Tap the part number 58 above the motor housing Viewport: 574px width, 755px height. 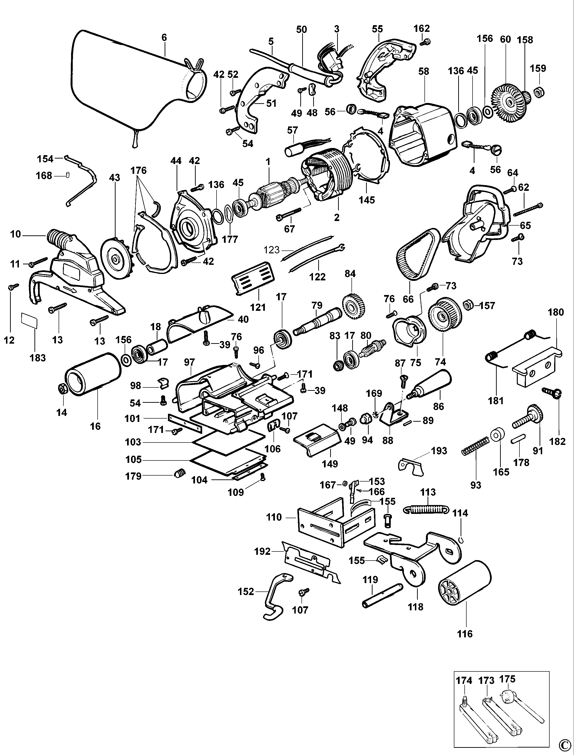(424, 72)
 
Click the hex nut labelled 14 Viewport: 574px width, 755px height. (62, 388)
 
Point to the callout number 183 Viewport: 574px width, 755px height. (38, 358)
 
